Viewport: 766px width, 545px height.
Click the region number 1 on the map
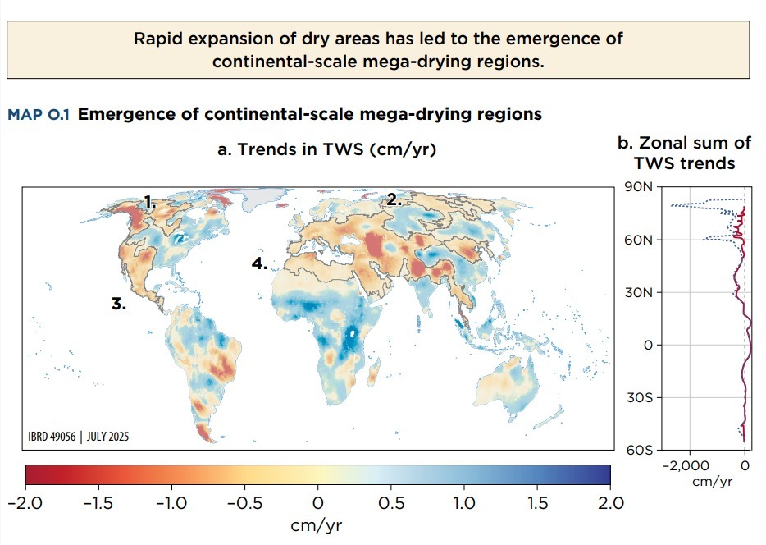tap(149, 202)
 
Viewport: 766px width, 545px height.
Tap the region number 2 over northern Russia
tap(394, 199)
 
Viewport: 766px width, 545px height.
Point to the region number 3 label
tap(119, 304)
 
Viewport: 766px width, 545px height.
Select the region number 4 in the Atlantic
tap(259, 263)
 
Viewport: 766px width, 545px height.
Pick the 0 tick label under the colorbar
tap(318, 502)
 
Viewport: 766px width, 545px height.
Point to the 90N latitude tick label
tap(636, 187)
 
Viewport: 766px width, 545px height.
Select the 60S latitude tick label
tap(636, 451)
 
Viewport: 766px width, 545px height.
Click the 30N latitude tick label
tap(636, 292)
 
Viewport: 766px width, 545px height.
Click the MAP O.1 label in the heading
tap(39, 115)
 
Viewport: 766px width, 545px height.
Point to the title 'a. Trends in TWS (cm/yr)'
tap(326, 149)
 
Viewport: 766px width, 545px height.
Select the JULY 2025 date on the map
tap(107, 437)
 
